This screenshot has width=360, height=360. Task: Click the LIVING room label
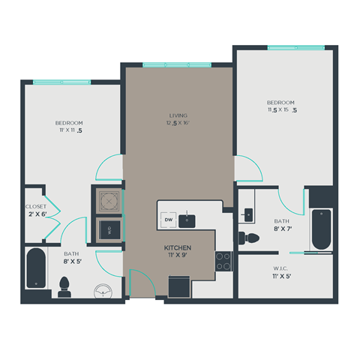pos(178,115)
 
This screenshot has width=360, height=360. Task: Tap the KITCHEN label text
pos(178,247)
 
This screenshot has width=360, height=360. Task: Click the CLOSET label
pos(36,206)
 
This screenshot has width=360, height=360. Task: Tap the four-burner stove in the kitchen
pos(223,261)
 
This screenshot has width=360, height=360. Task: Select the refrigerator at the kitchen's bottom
pos(179,287)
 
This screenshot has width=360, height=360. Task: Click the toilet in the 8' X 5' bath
pos(64,285)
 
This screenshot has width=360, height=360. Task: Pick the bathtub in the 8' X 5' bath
pos(35,268)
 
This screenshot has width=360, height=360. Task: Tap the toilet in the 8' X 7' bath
pos(249,238)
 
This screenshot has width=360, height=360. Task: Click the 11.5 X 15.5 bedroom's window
pos(296,48)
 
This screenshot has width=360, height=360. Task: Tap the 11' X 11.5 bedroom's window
pos(56,82)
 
